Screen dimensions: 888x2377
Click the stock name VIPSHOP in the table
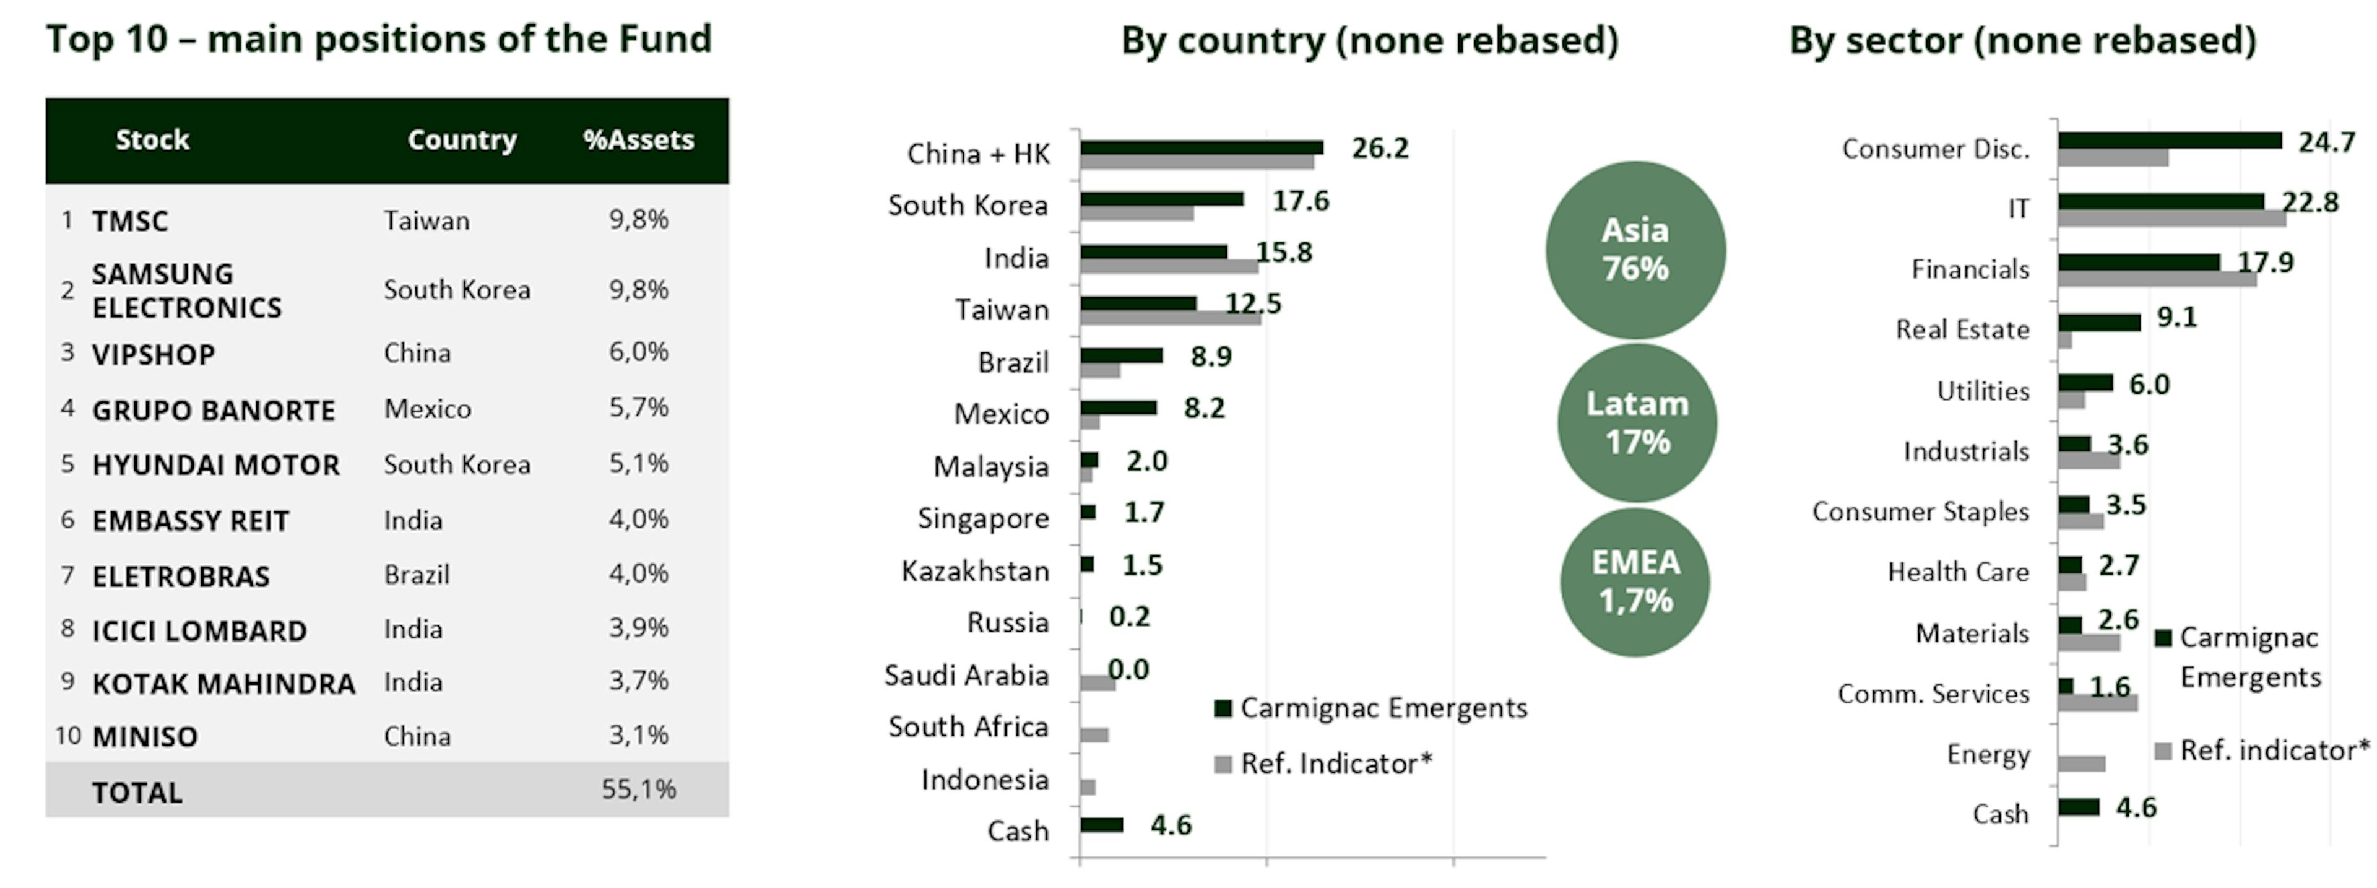point(153,354)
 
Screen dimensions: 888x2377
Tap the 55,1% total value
point(639,790)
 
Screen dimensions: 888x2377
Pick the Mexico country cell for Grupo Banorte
point(427,408)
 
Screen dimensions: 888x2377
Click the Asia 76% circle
point(1635,249)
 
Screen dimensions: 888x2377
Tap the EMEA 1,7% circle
point(1635,581)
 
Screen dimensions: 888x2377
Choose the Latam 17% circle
point(1637,423)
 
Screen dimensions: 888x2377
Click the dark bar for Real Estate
point(2098,322)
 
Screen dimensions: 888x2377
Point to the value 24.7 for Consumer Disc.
point(2326,142)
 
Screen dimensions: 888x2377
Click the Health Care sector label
point(1957,572)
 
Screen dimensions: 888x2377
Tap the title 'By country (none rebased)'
point(1369,41)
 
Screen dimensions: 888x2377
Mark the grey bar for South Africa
point(1094,735)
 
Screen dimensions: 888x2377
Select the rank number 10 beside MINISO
point(68,736)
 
